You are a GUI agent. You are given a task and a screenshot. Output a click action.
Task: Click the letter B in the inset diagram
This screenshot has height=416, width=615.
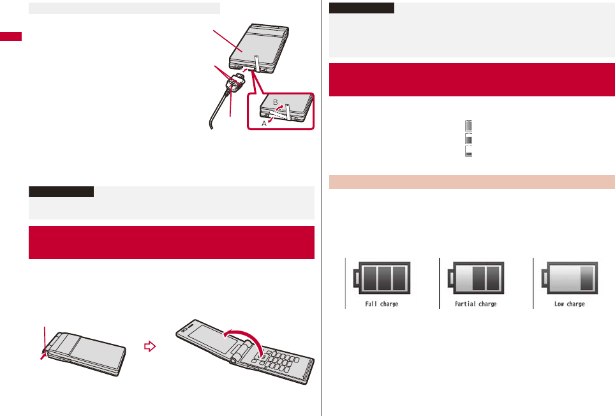coord(276,101)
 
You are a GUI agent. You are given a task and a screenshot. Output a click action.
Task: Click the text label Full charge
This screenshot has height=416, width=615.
coord(382,304)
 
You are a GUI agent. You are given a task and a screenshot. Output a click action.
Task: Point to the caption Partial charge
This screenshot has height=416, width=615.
coord(476,304)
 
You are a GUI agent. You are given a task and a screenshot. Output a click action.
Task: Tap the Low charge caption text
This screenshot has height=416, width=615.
coord(569,304)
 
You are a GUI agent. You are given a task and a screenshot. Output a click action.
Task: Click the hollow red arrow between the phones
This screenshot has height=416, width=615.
coord(149,347)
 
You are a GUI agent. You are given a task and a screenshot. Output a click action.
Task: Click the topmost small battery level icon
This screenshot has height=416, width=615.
coord(469,125)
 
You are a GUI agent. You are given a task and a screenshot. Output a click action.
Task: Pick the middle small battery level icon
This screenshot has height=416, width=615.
coord(469,138)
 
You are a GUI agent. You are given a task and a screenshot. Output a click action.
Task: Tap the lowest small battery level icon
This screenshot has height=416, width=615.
coord(469,151)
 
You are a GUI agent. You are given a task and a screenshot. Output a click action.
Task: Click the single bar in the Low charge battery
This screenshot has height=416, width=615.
coord(586,278)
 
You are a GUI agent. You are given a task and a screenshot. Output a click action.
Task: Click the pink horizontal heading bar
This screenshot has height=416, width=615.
coord(471,182)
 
